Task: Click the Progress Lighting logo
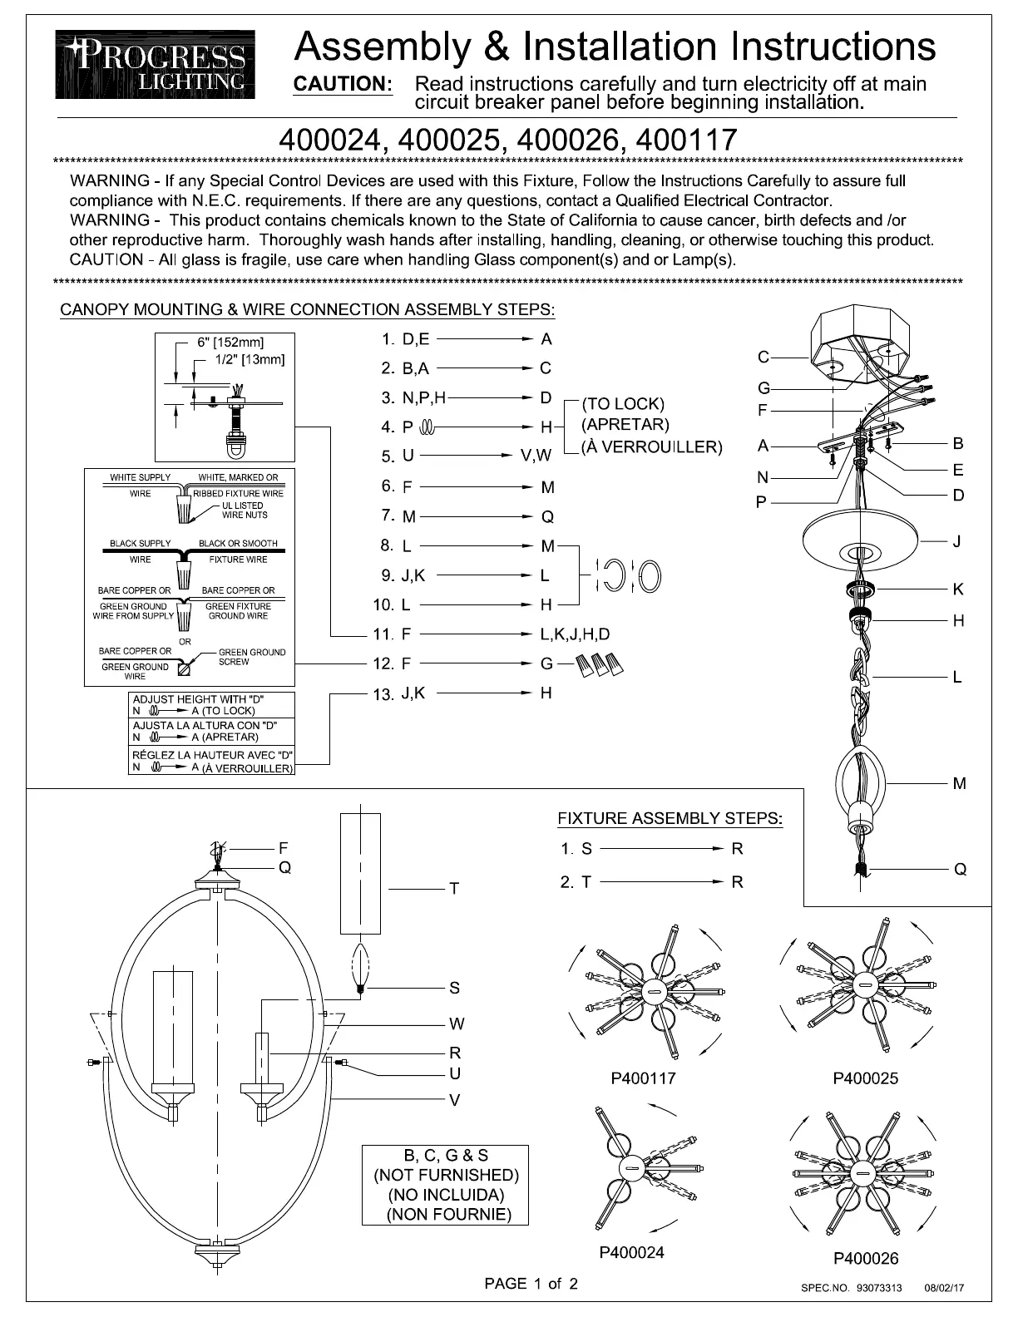(156, 64)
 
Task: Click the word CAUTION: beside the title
(343, 84)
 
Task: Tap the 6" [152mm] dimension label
(230, 343)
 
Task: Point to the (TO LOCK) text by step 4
(623, 404)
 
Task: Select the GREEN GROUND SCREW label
(251, 657)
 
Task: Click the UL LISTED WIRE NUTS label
(244, 510)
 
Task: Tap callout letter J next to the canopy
(957, 541)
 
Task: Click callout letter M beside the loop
(959, 783)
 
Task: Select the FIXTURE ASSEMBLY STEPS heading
(670, 818)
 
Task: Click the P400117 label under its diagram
(643, 1078)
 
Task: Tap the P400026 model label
(866, 1259)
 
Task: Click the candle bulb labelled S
(359, 965)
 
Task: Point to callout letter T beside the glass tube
(454, 889)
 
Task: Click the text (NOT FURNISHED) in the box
(446, 1175)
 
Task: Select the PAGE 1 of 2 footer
(531, 1284)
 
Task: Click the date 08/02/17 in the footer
(944, 1288)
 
